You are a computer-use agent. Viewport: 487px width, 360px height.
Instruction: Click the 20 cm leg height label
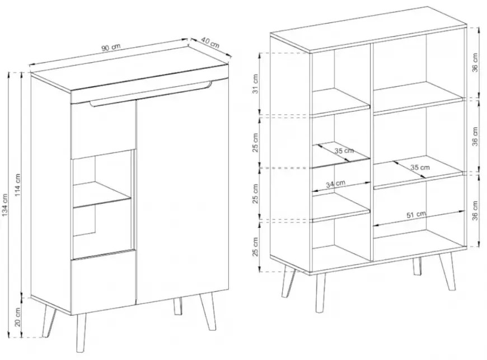coord(17,317)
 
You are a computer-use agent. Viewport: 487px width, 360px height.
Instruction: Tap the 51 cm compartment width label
coord(416,214)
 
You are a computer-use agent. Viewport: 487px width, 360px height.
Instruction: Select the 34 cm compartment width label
coord(335,184)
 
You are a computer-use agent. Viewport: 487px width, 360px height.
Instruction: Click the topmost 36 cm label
coord(475,63)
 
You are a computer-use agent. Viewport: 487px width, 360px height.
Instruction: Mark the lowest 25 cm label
coord(255,247)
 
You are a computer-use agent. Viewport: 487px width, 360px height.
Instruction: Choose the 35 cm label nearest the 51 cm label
coord(420,167)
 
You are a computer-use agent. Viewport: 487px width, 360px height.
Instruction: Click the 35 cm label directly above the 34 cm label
coord(344,151)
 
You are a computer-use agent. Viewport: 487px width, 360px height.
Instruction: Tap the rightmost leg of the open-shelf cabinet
coord(447,272)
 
